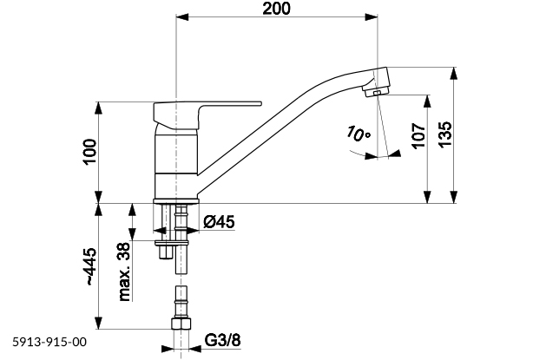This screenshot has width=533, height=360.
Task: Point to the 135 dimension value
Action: click(444, 134)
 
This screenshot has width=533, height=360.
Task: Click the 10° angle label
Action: click(355, 134)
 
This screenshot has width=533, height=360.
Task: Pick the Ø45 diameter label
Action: click(220, 222)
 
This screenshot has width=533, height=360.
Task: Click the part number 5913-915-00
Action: click(49, 344)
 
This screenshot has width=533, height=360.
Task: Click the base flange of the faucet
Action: click(177, 201)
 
